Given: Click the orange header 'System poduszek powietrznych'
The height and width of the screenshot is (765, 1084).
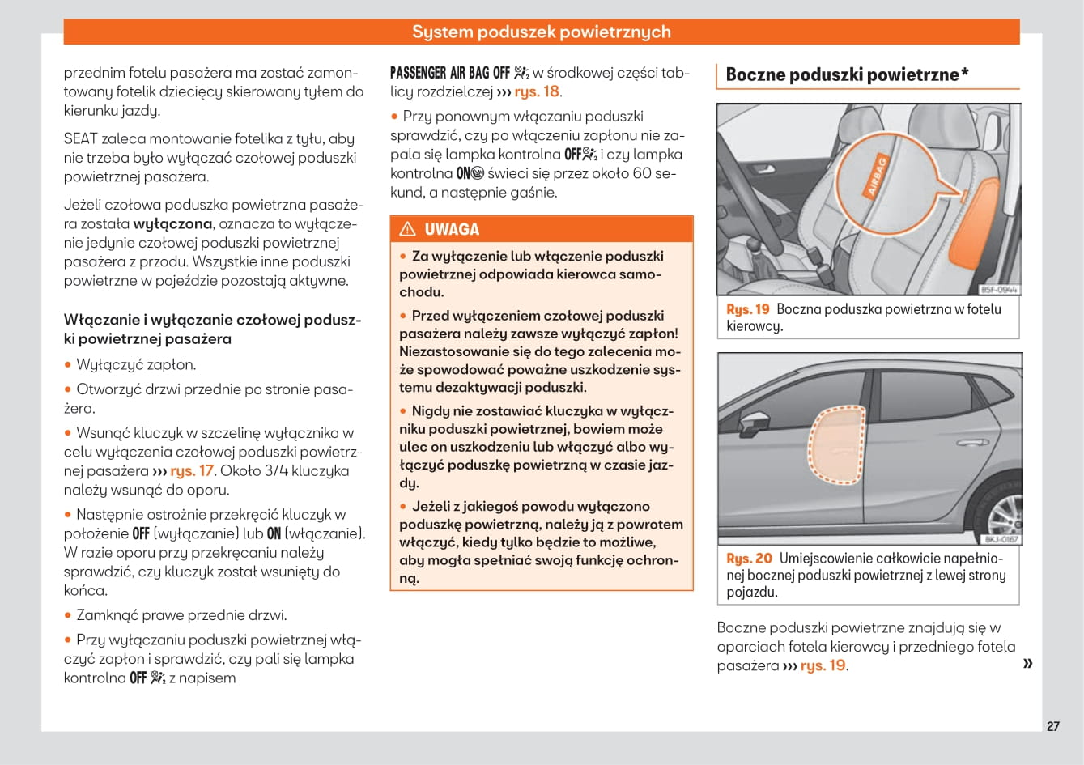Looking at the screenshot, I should pyautogui.click(x=541, y=32).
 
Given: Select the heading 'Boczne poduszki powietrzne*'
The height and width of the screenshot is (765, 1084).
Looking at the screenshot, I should pyautogui.click(x=847, y=74).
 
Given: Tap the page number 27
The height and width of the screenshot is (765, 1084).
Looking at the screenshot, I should pyautogui.click(x=1052, y=726).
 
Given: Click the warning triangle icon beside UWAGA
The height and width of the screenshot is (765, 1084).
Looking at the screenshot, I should pyautogui.click(x=407, y=229).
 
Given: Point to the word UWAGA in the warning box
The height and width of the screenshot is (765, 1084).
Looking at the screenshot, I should pyautogui.click(x=452, y=229).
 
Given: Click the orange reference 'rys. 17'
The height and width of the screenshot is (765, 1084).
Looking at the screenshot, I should pyautogui.click(x=192, y=470).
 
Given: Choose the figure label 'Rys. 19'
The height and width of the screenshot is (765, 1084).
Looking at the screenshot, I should pyautogui.click(x=748, y=309).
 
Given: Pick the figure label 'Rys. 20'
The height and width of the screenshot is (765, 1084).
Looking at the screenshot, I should pyautogui.click(x=749, y=559).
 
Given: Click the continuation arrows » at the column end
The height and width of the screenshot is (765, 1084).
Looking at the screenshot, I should pyautogui.click(x=1028, y=664).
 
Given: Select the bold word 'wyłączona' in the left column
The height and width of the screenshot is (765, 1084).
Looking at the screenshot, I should pyautogui.click(x=172, y=223).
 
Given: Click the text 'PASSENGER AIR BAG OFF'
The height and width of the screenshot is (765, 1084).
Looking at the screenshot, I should pyautogui.click(x=449, y=73).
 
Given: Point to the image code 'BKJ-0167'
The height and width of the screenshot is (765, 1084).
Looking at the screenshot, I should pyautogui.click(x=1001, y=539).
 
